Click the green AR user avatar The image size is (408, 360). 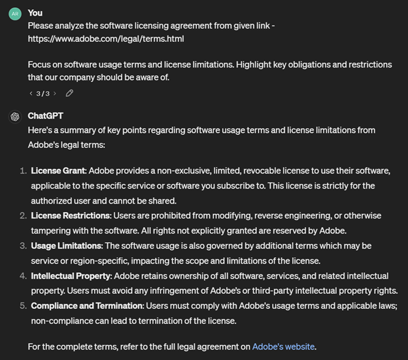pos(14,14)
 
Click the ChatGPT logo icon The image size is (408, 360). pos(14,117)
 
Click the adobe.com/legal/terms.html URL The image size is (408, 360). pos(106,39)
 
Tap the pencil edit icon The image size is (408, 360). pos(69,93)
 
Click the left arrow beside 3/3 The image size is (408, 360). pos(31,93)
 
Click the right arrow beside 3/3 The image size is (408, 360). pos(56,93)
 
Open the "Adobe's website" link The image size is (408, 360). pos(283,346)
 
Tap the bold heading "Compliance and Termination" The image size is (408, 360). pos(87,306)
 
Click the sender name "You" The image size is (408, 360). pos(35,12)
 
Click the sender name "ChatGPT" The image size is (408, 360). pos(46,116)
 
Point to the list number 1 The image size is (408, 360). pos(22,171)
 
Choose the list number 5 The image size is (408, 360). pos(22,306)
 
